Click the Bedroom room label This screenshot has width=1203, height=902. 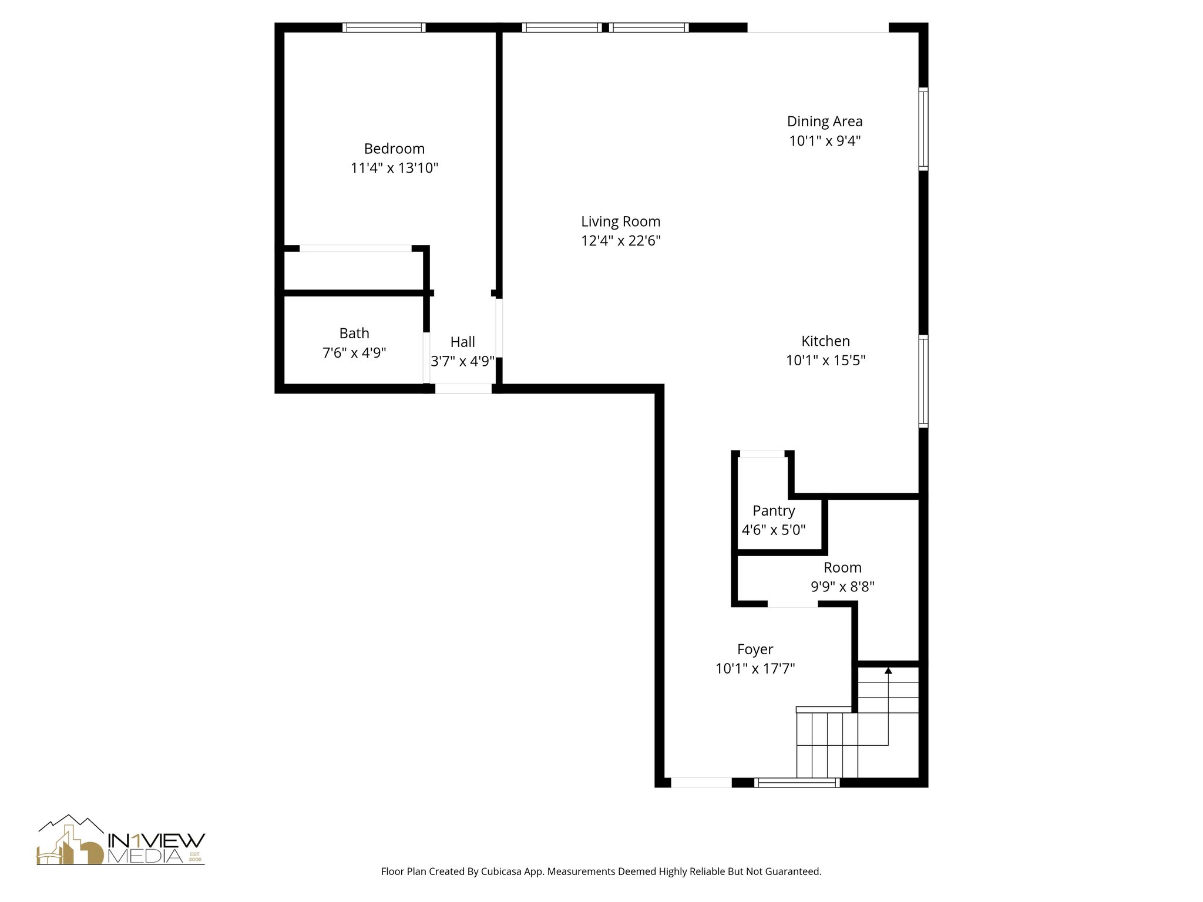[394, 149]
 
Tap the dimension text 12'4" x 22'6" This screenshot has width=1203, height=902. [621, 241]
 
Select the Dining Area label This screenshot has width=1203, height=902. [825, 122]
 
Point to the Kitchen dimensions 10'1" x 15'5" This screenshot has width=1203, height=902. [825, 360]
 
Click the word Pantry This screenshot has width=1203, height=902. [774, 511]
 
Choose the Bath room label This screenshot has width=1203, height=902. [354, 334]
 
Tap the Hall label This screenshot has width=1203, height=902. [463, 342]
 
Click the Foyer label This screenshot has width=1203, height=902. [755, 649]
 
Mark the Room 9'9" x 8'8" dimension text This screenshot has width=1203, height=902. [842, 587]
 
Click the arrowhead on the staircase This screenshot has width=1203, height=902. [888, 670]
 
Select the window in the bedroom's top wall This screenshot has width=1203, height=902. [384, 28]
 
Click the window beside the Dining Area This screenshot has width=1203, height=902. [923, 129]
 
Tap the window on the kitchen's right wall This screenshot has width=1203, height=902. [923, 381]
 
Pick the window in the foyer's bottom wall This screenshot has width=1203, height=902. [797, 782]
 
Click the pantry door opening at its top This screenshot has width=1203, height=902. [762, 453]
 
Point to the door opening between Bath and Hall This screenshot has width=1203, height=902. [426, 358]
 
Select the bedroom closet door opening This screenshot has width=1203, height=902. [355, 248]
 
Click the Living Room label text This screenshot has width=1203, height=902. [621, 221]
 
